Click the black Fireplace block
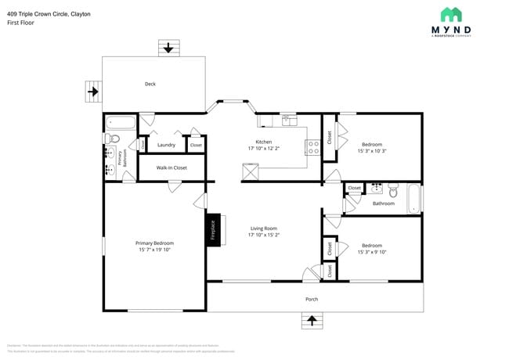coord(211,231)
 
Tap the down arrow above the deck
coord(168,47)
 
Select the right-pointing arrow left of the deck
coord(93,92)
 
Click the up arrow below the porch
coord(312,320)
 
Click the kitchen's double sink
coord(289,120)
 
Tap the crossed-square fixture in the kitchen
coord(251,171)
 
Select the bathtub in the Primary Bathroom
coord(121,122)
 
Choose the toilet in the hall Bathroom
coord(393,190)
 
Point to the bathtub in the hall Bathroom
coord(413,199)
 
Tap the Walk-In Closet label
coord(171,167)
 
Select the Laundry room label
coord(166,145)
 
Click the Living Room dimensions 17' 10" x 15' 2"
coord(264,234)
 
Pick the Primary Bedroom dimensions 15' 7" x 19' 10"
coord(154,250)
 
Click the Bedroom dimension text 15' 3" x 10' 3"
coord(372,151)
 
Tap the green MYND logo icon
coord(450,15)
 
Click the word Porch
coord(312,299)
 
